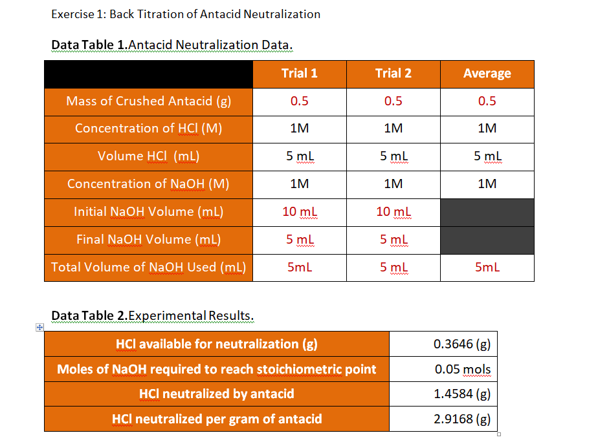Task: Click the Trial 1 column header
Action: pyautogui.click(x=299, y=74)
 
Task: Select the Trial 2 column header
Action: pyautogui.click(x=393, y=74)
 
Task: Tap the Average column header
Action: pyautogui.click(x=487, y=74)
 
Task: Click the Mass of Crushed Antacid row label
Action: pyautogui.click(x=148, y=101)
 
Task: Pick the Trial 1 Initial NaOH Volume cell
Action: pyautogui.click(x=299, y=212)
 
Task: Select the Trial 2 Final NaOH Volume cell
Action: pyautogui.click(x=393, y=240)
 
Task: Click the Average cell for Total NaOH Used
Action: pyautogui.click(x=487, y=268)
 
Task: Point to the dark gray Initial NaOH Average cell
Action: pyautogui.click(x=487, y=212)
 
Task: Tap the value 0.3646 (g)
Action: pyautogui.click(x=461, y=344)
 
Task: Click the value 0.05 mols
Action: pyautogui.click(x=462, y=369)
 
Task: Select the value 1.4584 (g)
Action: pyautogui.click(x=461, y=394)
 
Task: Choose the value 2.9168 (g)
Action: pyautogui.click(x=461, y=419)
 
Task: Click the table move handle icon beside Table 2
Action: pyautogui.click(x=39, y=328)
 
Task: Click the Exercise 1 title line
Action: pyautogui.click(x=185, y=14)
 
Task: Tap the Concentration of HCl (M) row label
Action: pyautogui.click(x=148, y=129)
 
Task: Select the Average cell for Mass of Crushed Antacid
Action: pyautogui.click(x=487, y=101)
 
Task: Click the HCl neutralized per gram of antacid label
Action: pyautogui.click(x=217, y=419)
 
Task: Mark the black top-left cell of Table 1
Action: pyautogui.click(x=148, y=74)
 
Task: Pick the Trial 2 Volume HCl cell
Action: pyautogui.click(x=393, y=156)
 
